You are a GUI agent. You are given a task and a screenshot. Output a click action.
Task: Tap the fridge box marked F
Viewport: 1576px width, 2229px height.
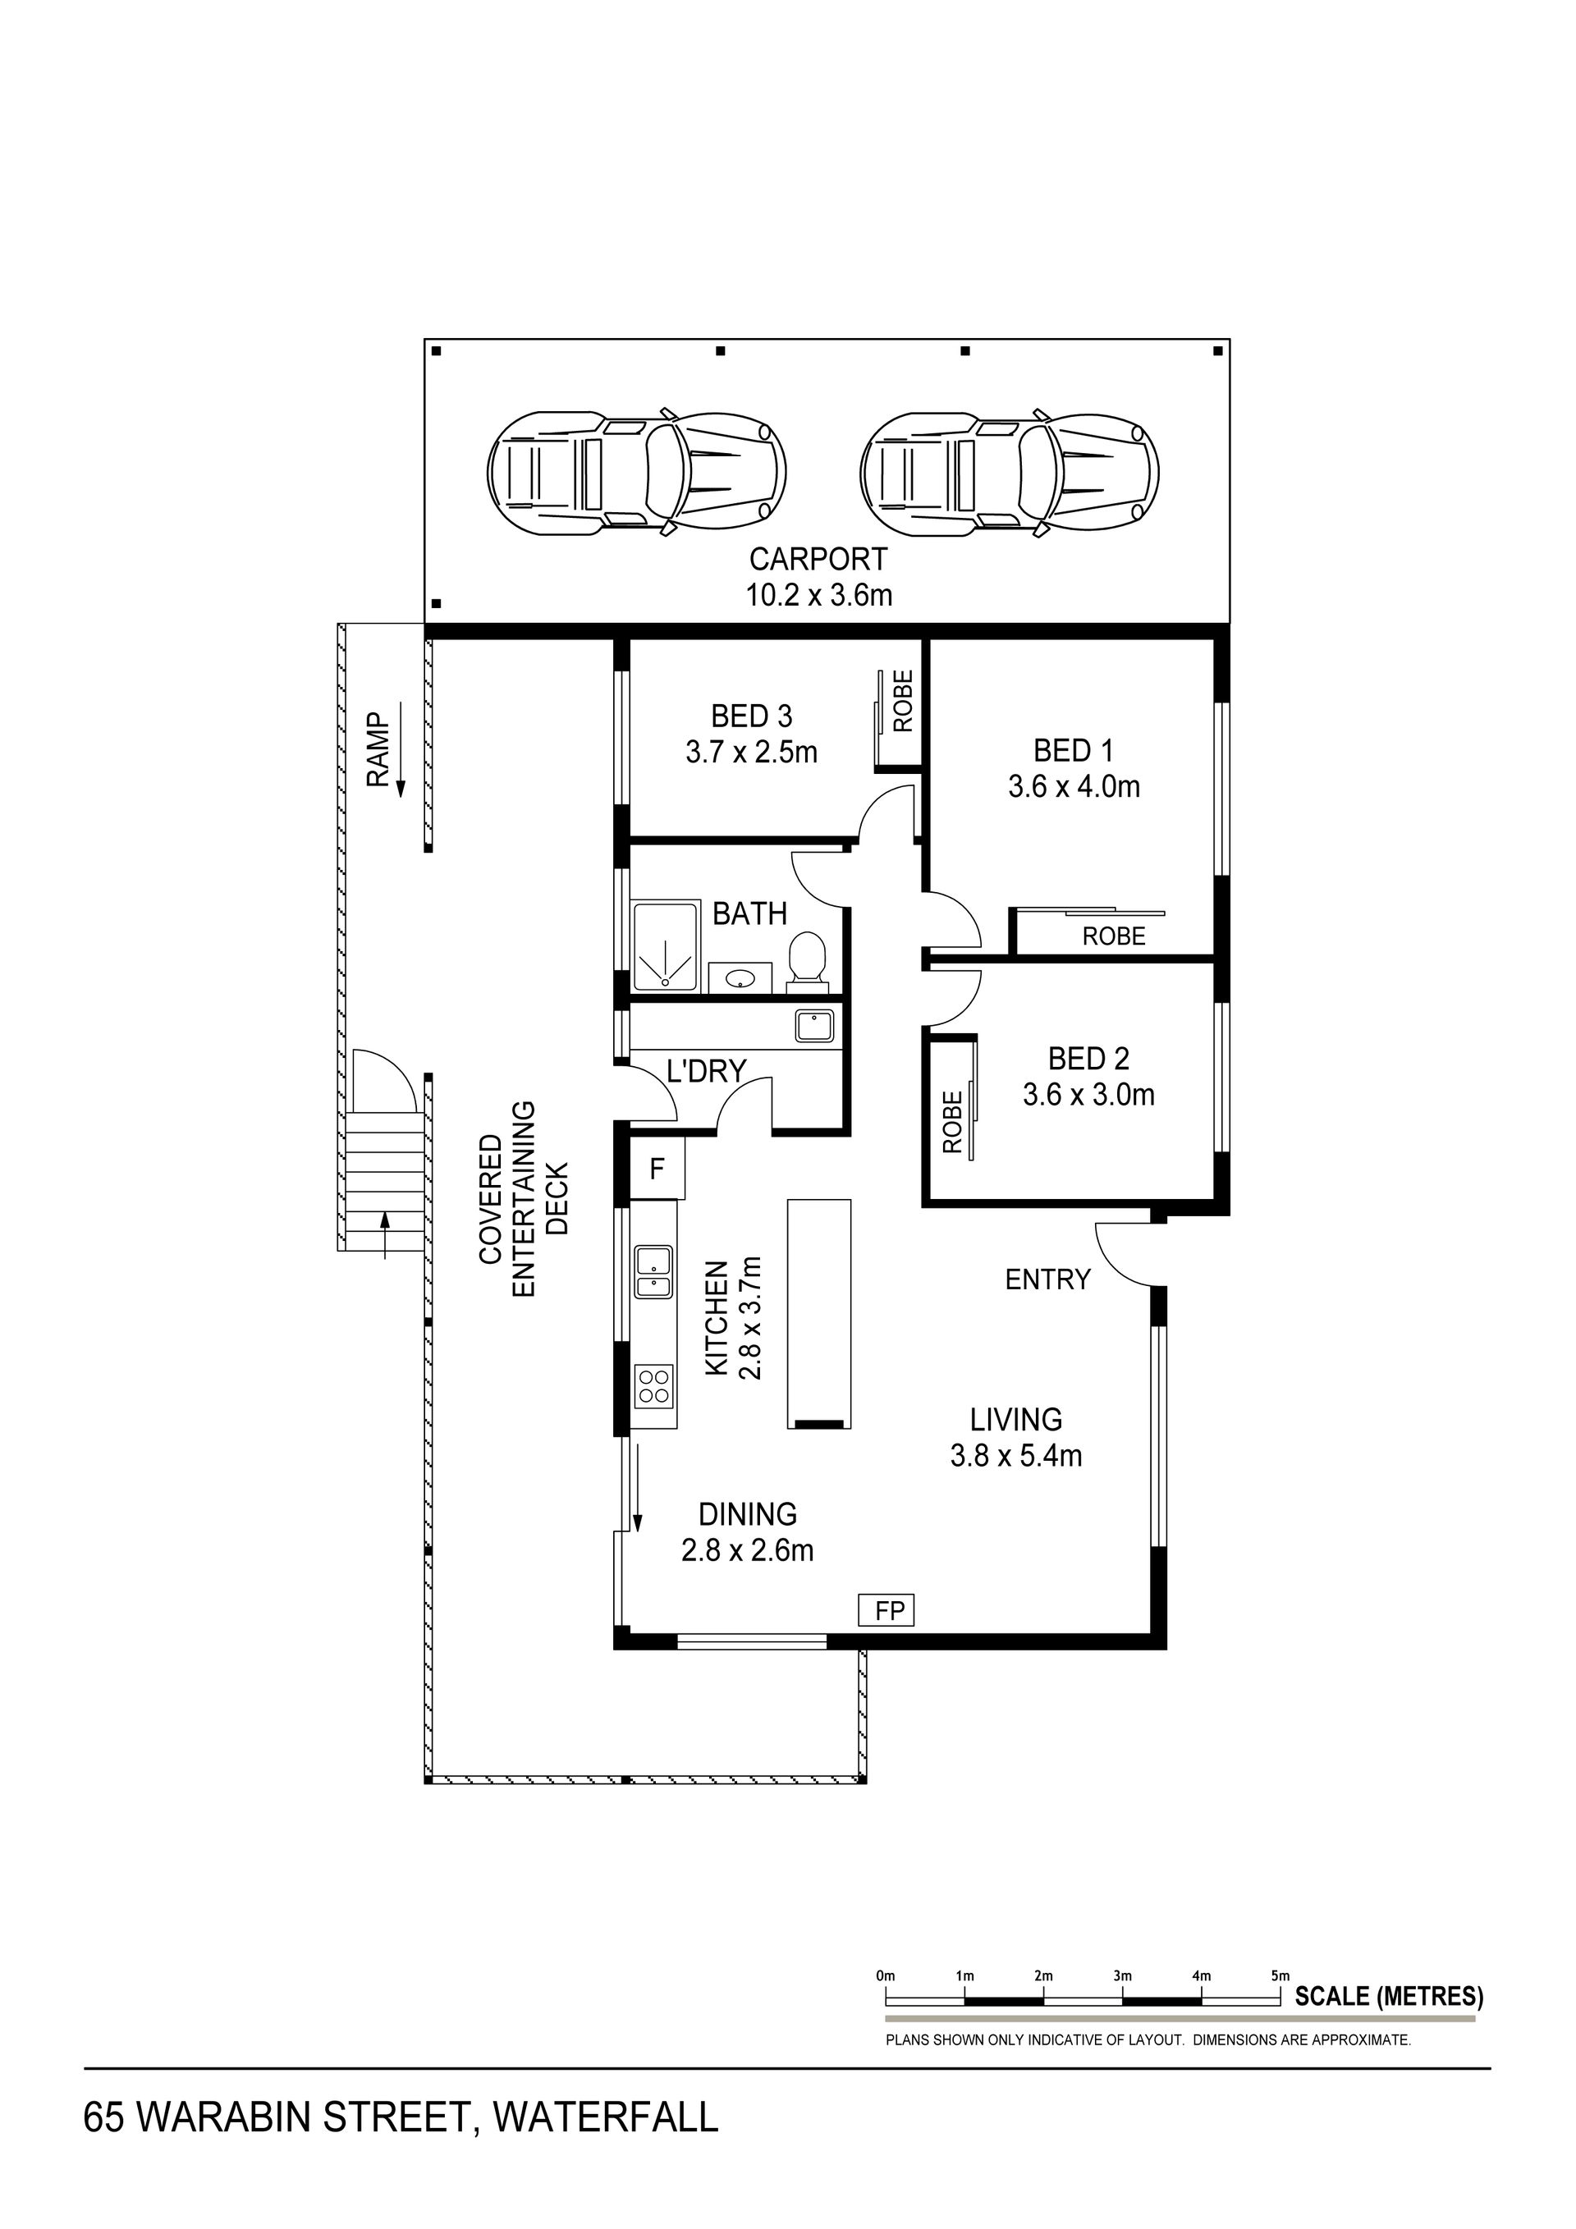click(x=657, y=1168)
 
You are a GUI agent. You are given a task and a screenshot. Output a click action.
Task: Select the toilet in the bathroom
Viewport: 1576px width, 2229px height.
click(x=806, y=962)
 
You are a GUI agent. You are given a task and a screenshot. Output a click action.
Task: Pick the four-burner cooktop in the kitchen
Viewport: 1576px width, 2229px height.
click(x=653, y=1385)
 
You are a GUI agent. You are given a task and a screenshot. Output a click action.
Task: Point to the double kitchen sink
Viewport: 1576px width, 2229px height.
click(x=653, y=1273)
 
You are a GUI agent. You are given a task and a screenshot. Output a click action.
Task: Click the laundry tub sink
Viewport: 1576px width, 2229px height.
click(x=813, y=1026)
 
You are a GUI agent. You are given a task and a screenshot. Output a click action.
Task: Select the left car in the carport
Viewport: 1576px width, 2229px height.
click(x=636, y=472)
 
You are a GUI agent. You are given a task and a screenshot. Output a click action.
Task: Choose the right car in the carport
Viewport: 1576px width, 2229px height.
click(x=1010, y=472)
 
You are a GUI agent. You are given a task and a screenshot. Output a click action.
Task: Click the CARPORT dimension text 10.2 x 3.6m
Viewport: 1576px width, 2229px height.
click(x=818, y=595)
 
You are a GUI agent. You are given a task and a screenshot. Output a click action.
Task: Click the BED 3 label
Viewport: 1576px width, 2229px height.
click(x=752, y=716)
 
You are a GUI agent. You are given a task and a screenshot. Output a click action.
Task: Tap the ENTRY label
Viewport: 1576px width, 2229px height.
click(x=1047, y=1279)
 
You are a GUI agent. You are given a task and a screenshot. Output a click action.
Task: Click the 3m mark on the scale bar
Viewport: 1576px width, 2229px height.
click(x=1123, y=1975)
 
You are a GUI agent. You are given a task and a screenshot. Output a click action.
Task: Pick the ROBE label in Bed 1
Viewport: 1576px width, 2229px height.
click(x=1114, y=936)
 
